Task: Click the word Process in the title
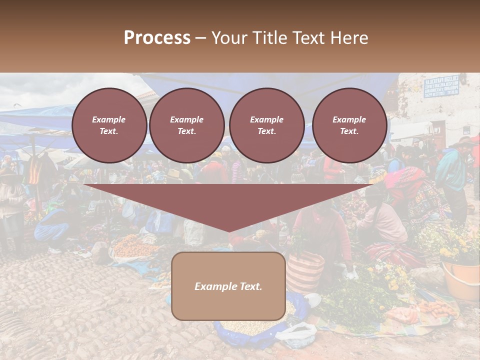(157, 38)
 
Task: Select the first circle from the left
(109, 125)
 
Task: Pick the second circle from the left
(187, 125)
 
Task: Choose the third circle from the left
(266, 125)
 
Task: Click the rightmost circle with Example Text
(349, 125)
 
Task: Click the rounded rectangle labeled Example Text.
(228, 286)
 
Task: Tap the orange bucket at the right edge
(461, 280)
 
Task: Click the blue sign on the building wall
(441, 86)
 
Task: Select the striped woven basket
(304, 272)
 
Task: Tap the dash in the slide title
(201, 38)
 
